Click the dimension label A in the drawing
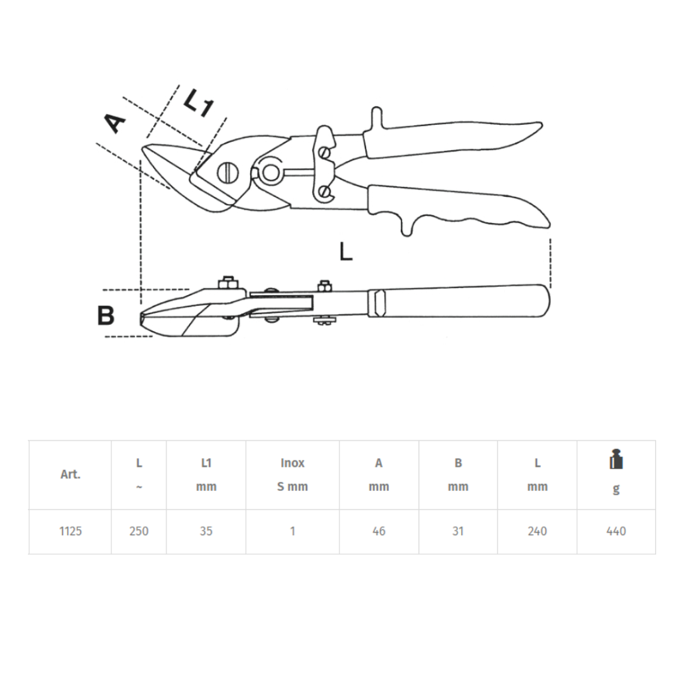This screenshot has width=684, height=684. click(115, 123)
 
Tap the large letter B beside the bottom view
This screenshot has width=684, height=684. click(106, 315)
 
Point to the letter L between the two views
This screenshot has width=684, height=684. click(346, 251)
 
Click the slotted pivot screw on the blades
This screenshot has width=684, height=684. click(228, 173)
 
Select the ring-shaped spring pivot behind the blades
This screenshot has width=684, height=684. click(270, 172)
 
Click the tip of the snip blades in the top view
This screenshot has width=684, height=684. click(142, 149)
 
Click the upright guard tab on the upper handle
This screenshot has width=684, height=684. click(377, 118)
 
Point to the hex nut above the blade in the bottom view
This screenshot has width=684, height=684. click(228, 282)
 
